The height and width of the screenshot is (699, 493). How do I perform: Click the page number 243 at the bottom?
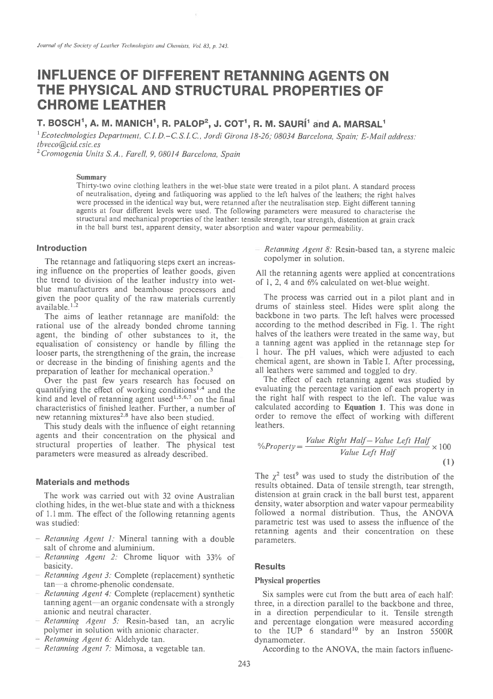(246, 678)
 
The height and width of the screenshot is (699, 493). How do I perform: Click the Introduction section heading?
(61, 248)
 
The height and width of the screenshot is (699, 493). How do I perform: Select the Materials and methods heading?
(82, 482)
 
